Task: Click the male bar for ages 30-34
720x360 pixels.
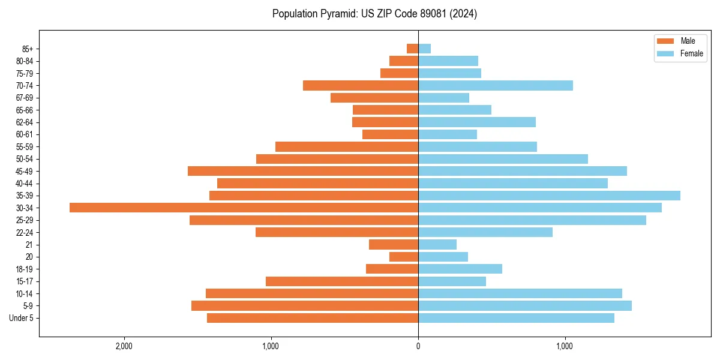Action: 244,208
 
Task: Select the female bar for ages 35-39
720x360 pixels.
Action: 549,196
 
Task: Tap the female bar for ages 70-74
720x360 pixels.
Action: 496,86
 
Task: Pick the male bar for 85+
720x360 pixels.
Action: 413,49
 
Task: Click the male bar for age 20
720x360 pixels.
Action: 404,257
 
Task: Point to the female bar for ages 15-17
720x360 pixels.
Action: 452,281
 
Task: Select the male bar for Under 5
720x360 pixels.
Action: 313,318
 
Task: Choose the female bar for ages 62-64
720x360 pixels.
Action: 477,122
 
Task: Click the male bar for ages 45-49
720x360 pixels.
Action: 303,171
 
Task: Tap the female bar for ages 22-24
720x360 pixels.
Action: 485,232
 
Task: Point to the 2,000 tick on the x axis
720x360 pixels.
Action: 124,347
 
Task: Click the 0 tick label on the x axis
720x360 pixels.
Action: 418,347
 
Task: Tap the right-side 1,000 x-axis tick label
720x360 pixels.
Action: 565,347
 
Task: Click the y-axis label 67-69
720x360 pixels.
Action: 25,98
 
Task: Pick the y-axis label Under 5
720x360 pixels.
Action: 22,318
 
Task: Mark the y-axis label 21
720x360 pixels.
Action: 29,245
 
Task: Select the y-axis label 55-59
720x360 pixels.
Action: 25,147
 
